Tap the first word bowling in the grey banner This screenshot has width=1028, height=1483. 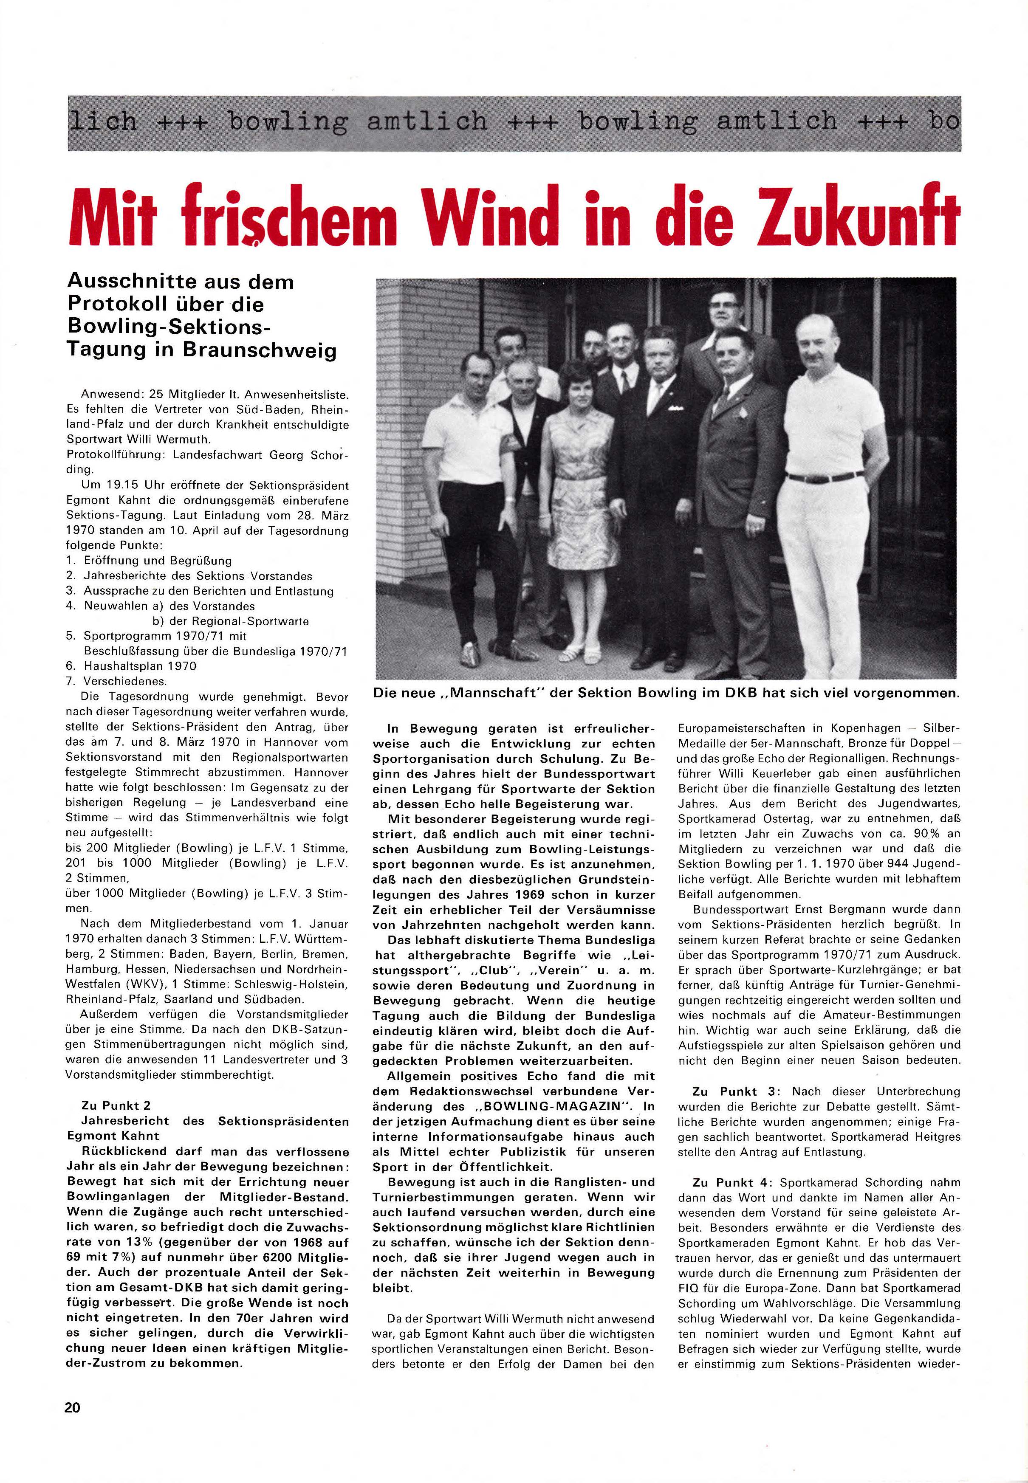288,121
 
